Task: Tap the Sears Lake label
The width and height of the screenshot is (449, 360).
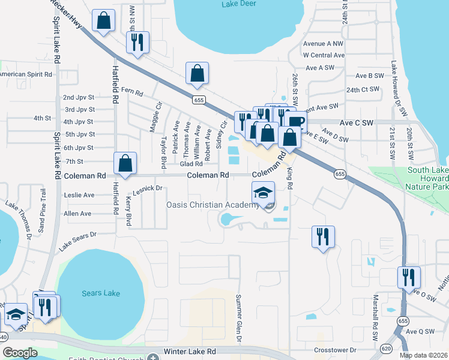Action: (x=100, y=293)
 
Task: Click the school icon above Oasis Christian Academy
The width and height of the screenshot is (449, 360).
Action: (x=263, y=193)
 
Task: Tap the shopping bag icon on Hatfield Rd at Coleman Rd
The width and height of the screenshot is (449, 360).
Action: (x=125, y=163)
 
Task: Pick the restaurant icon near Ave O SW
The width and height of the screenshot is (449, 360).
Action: (x=409, y=278)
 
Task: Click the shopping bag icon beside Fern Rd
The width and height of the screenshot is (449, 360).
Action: (x=197, y=74)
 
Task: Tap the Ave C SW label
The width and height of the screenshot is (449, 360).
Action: (x=357, y=122)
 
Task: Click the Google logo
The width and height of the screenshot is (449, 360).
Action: (x=20, y=353)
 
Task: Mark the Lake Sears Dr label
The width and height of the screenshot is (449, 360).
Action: (x=77, y=241)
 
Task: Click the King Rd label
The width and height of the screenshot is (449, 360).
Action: (x=289, y=179)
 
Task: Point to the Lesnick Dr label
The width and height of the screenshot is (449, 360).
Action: (x=148, y=188)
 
